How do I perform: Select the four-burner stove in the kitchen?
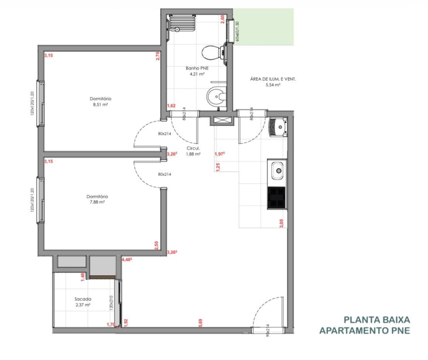(277, 198)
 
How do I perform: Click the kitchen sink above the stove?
(277, 171)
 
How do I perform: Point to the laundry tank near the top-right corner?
(279, 125)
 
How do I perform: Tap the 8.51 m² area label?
(98, 104)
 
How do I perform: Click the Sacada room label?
(82, 300)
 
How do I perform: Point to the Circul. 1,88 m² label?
(193, 151)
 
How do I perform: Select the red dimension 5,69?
(200, 322)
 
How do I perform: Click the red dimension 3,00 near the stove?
(281, 223)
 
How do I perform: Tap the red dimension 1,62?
(171, 105)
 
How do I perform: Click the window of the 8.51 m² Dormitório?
(41, 104)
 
